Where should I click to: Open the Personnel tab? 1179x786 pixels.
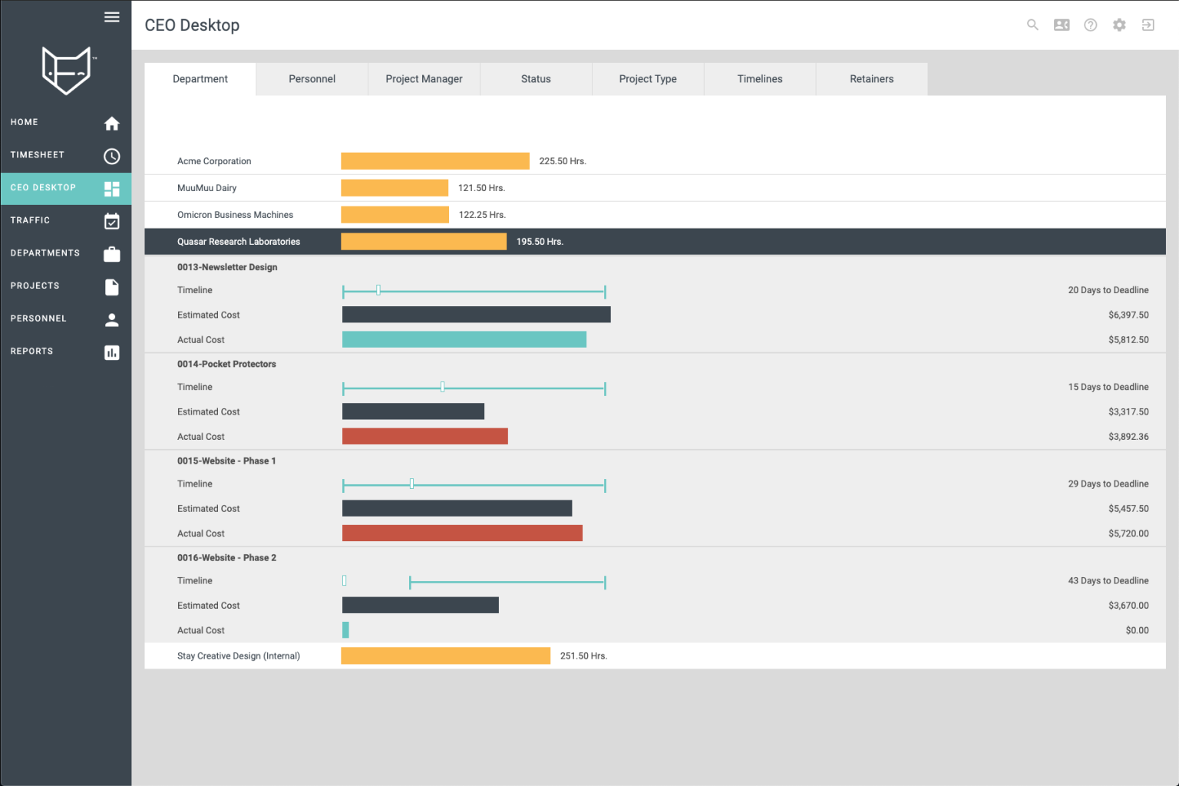point(312,79)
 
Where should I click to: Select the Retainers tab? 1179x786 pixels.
point(871,79)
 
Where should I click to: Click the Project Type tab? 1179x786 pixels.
point(647,79)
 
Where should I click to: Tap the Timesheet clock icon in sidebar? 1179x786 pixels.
point(112,157)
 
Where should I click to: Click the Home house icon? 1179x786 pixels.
point(112,124)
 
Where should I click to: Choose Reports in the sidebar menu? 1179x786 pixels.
point(32,352)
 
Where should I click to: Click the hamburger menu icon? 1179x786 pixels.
point(112,17)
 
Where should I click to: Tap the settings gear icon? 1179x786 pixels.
point(1119,25)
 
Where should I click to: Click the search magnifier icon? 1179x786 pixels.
point(1032,25)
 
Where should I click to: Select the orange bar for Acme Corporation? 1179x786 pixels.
point(434,161)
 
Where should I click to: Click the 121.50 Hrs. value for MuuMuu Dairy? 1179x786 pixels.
point(481,188)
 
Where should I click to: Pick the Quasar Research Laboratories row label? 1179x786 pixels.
point(239,242)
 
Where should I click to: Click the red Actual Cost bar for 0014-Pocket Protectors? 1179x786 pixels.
point(424,437)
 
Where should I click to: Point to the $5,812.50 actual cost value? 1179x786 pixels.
point(1128,340)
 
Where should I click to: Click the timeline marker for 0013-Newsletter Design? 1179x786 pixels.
point(378,290)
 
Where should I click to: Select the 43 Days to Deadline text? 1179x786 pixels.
point(1108,581)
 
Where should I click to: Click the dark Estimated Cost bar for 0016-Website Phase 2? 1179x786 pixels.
point(420,606)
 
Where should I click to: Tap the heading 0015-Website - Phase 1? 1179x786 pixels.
point(226,461)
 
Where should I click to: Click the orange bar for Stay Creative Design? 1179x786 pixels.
point(445,656)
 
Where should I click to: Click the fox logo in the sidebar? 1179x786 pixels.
point(66,71)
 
